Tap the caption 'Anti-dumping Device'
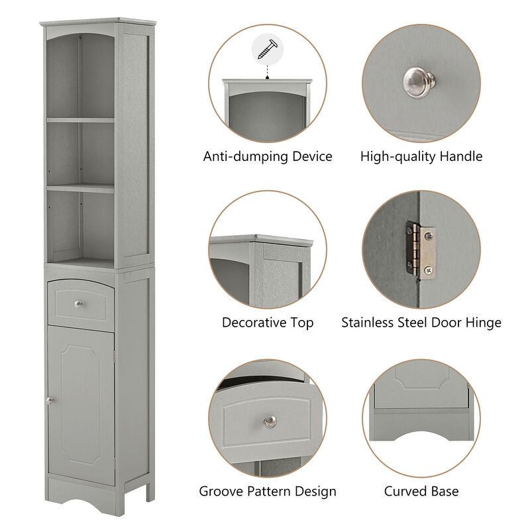point(268,157)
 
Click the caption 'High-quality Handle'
point(421,157)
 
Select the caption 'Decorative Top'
point(268,323)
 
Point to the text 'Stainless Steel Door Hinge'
point(421,323)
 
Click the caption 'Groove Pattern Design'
point(268,492)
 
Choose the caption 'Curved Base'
point(421,492)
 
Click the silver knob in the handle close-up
point(419,81)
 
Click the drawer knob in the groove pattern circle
point(270,421)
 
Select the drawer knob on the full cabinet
point(78,304)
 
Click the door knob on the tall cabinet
point(50,400)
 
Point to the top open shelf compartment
point(80,76)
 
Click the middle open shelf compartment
point(80,152)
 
